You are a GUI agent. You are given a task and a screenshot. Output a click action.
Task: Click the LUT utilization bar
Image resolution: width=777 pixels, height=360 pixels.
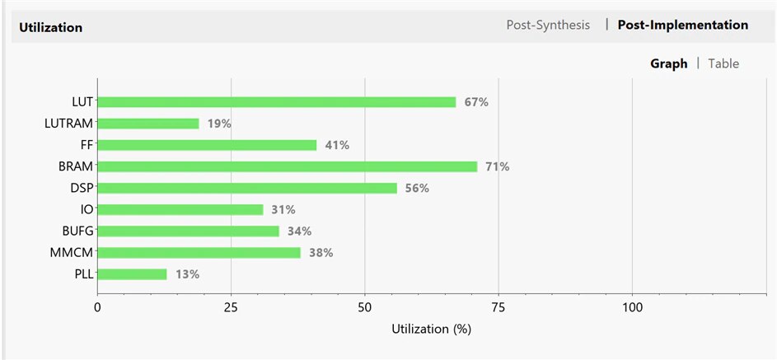(x=276, y=102)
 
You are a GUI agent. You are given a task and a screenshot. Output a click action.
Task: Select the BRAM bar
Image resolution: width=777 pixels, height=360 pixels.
(x=287, y=166)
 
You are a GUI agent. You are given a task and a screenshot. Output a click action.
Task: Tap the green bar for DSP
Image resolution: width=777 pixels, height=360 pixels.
(x=247, y=188)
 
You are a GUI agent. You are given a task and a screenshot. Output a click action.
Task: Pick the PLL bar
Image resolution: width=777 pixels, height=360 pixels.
(x=132, y=274)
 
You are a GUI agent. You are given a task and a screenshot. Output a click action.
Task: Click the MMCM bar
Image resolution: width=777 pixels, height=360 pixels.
(x=199, y=252)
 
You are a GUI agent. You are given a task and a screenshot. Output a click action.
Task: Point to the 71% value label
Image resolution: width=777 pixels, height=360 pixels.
(x=498, y=166)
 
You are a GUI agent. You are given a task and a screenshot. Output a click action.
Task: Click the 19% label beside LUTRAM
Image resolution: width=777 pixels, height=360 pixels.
(x=219, y=124)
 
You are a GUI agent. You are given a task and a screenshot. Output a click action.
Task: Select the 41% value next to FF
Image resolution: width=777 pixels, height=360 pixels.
(x=337, y=145)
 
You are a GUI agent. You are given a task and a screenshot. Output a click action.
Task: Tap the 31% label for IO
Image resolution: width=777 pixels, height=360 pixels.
(x=283, y=209)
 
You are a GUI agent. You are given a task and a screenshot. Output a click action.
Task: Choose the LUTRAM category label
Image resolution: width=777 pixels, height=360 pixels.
(x=68, y=124)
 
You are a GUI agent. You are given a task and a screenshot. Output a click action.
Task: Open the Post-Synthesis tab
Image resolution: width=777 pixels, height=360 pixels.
(x=548, y=25)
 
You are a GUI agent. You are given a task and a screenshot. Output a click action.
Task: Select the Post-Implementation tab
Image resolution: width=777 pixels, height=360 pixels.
(x=683, y=25)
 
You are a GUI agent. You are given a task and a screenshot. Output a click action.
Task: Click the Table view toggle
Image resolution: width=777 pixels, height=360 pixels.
(x=723, y=63)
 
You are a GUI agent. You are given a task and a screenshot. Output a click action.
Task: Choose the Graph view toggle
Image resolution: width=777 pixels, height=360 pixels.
(x=668, y=63)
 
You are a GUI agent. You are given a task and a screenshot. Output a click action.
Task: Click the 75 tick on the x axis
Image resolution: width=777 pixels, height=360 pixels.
(x=498, y=307)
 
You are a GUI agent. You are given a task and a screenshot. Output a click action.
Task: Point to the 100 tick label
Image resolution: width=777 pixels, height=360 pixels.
(x=632, y=307)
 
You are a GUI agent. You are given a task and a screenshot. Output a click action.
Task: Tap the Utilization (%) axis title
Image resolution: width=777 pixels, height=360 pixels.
(x=431, y=328)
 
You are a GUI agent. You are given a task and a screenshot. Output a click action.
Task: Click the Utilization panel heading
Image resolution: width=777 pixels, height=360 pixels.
(x=51, y=27)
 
